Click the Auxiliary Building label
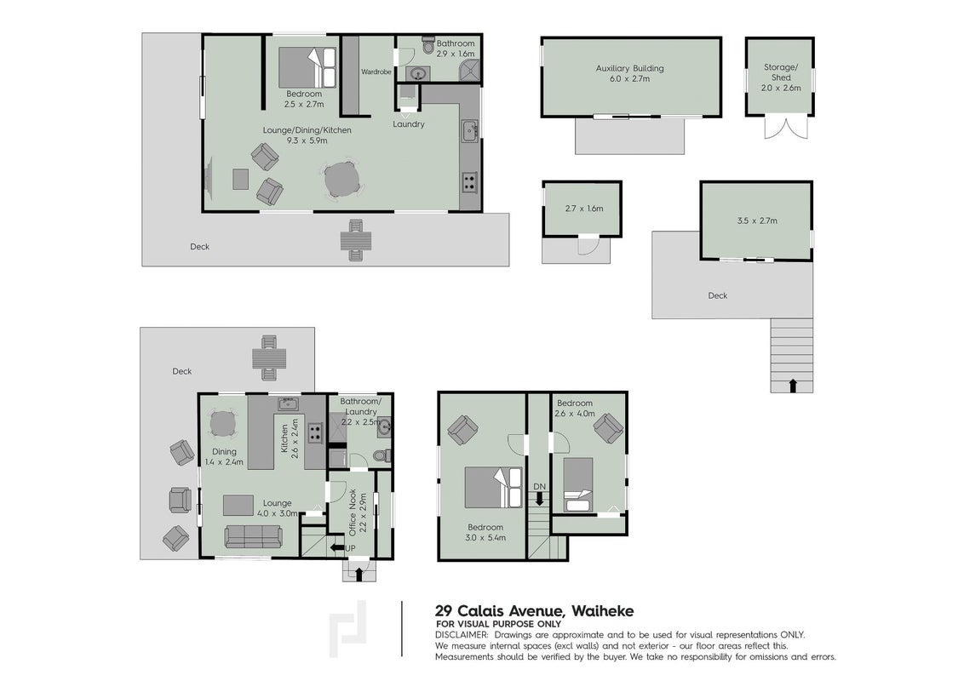pos(629,68)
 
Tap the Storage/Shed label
pos(781,72)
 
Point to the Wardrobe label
pos(376,72)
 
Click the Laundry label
pos(409,124)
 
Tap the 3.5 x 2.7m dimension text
pos(757,220)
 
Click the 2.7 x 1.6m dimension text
pos(584,209)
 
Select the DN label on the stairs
pos(539,487)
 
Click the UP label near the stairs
pos(351,548)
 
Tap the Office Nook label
pos(353,512)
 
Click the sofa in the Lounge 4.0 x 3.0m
pos(253,536)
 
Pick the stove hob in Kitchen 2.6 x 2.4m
pos(315,432)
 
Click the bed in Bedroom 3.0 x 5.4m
pos(493,488)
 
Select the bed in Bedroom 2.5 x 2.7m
pos(307,67)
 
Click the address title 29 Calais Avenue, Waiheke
pos(534,611)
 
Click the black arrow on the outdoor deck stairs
pos(793,386)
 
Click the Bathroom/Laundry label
pos(361,406)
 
